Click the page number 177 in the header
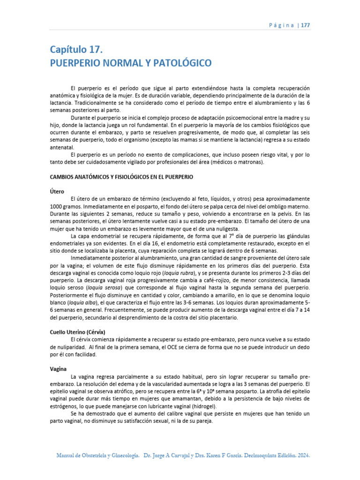(x=304, y=25)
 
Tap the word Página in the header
(x=280, y=25)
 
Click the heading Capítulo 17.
(x=76, y=49)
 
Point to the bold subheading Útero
(x=57, y=191)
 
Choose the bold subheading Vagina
(x=59, y=369)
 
